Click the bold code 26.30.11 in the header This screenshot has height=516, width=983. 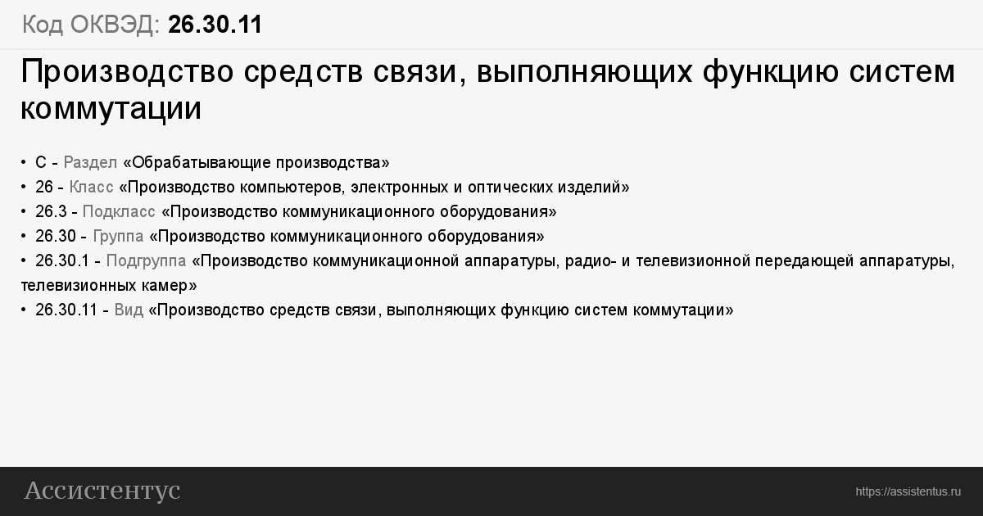pyautogui.click(x=215, y=24)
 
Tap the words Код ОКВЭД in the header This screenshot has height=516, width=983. pyautogui.click(x=91, y=24)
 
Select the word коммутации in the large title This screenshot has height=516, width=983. pyautogui.click(x=111, y=108)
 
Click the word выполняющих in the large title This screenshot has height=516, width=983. pyautogui.click(x=585, y=71)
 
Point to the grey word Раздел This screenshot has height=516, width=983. pyautogui.click(x=90, y=163)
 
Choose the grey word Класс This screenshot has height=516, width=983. pyautogui.click(x=91, y=188)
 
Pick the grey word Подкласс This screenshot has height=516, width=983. pyautogui.click(x=119, y=212)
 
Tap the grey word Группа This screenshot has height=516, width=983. pyautogui.click(x=118, y=237)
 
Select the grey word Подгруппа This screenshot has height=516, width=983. pyautogui.click(x=146, y=261)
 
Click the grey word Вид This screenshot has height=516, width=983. pyautogui.click(x=129, y=310)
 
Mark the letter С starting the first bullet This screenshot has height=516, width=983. pyautogui.click(x=41, y=163)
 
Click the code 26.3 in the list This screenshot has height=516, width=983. pyautogui.click(x=51, y=212)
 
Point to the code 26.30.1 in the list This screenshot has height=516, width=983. pyautogui.click(x=62, y=261)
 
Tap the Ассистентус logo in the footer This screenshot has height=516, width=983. pyautogui.click(x=102, y=491)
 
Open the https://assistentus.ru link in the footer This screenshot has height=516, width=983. pyautogui.click(x=908, y=492)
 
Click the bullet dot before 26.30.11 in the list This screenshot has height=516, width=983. pyautogui.click(x=23, y=310)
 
